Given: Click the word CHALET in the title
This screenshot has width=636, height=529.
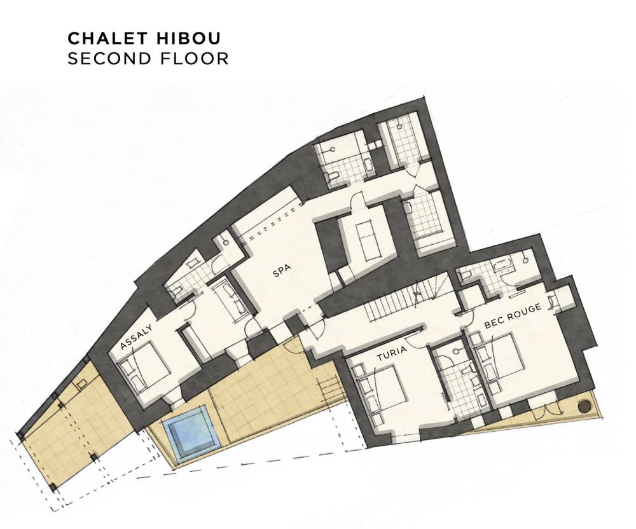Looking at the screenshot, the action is click(107, 38).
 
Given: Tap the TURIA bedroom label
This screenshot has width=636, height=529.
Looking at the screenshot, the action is click(391, 354).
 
